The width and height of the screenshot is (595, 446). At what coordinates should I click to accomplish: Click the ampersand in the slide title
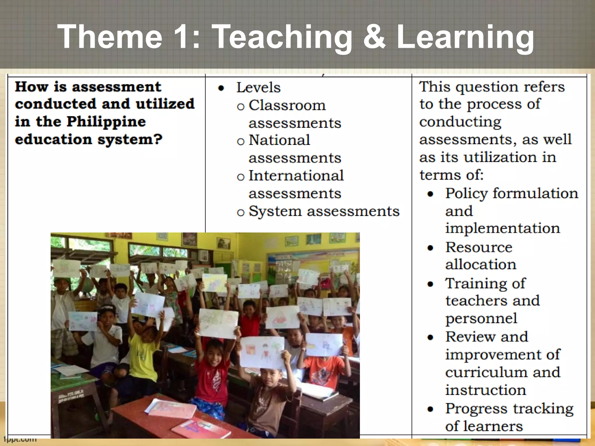coord(374,37)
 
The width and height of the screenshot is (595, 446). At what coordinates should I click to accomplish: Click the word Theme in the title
coord(110,37)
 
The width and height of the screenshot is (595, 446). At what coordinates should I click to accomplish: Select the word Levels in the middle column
coord(258,87)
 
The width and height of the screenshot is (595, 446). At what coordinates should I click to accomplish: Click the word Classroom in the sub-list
coord(287,105)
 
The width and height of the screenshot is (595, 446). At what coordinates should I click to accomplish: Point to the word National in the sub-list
coord(279,140)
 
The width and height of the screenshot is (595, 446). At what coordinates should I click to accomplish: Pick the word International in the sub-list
coord(296,176)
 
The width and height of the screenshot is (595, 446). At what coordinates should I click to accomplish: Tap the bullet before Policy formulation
coord(430,194)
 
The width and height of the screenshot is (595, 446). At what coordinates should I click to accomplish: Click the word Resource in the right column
coord(478,247)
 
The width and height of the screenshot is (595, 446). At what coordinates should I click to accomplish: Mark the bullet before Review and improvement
coord(430,337)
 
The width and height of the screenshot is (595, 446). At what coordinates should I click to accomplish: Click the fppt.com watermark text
coord(20,439)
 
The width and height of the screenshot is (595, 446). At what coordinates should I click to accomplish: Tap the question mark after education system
coord(157,139)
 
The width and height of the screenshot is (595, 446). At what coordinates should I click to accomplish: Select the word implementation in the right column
coord(502,228)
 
